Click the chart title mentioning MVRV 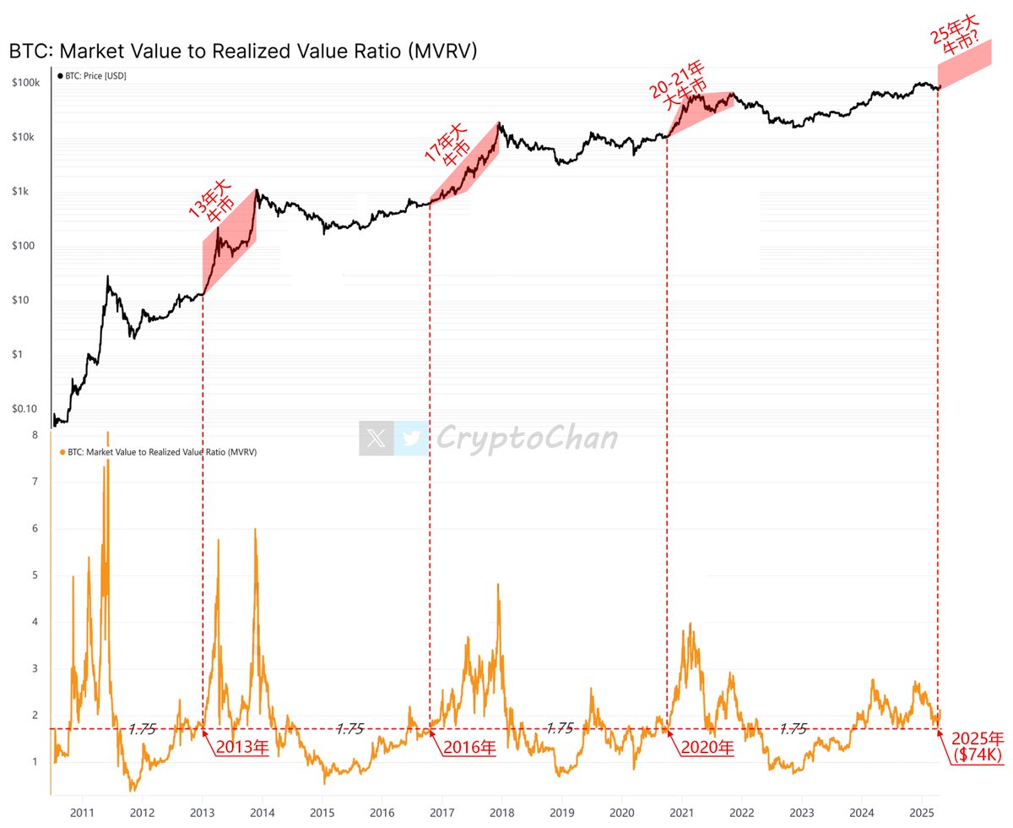pos(243,51)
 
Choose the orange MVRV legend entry pos(160,452)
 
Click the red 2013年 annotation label pos(241,748)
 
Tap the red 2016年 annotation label pos(470,748)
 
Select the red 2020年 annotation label pos(707,748)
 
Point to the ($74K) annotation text pos(977,755)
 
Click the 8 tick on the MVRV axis pos(35,435)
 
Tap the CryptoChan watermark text pos(527,439)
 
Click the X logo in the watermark pos(376,439)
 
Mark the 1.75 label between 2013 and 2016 pos(349,728)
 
